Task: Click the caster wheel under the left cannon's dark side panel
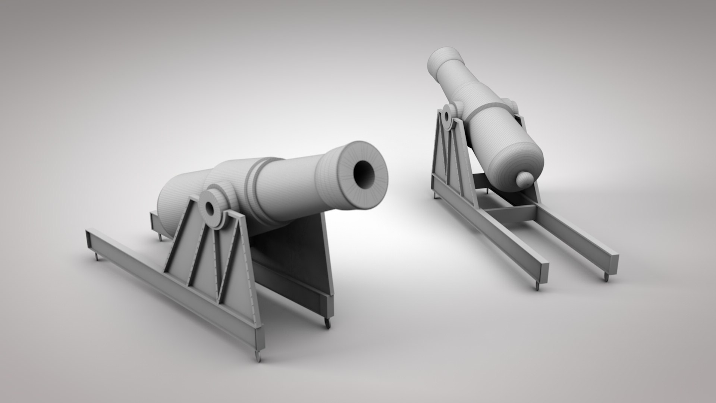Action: [327, 324]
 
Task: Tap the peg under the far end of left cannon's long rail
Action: [97, 257]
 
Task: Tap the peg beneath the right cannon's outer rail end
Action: [606, 277]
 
